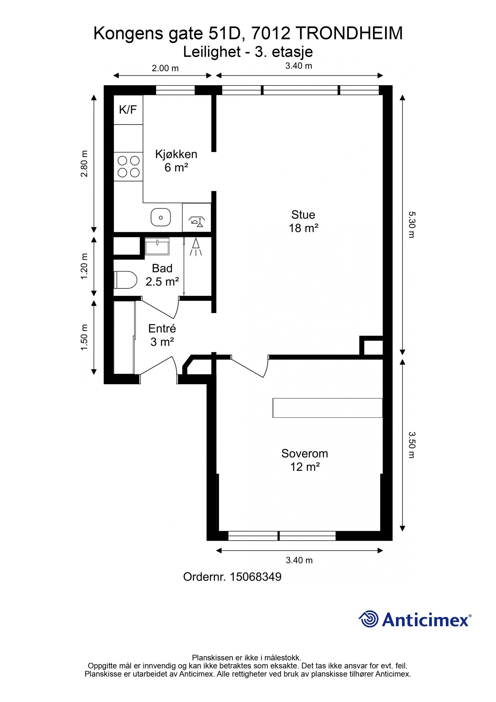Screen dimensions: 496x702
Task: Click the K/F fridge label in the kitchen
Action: [x=128, y=110]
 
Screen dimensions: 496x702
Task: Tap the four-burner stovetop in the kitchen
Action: [x=128, y=167]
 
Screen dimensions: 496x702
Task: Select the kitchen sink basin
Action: [x=161, y=217]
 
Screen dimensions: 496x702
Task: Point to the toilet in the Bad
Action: [x=126, y=279]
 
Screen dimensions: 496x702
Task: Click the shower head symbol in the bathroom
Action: [x=196, y=247]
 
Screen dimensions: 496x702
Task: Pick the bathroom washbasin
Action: [x=157, y=246]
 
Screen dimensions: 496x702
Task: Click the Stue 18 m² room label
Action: [x=303, y=221]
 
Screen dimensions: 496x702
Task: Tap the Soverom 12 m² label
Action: [x=305, y=460]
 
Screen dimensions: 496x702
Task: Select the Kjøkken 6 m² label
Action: [x=176, y=161]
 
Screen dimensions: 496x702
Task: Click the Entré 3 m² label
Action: [x=162, y=335]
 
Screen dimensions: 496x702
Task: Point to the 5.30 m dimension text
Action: [x=411, y=225]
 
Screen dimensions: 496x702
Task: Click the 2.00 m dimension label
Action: [x=165, y=68]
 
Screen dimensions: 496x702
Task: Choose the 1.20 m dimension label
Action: [x=84, y=266]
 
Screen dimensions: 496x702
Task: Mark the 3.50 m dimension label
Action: [x=411, y=445]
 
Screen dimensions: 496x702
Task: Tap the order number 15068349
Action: [x=255, y=577]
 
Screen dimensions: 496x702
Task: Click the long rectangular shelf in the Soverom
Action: [x=327, y=408]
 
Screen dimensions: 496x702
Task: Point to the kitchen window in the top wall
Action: [x=175, y=90]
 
